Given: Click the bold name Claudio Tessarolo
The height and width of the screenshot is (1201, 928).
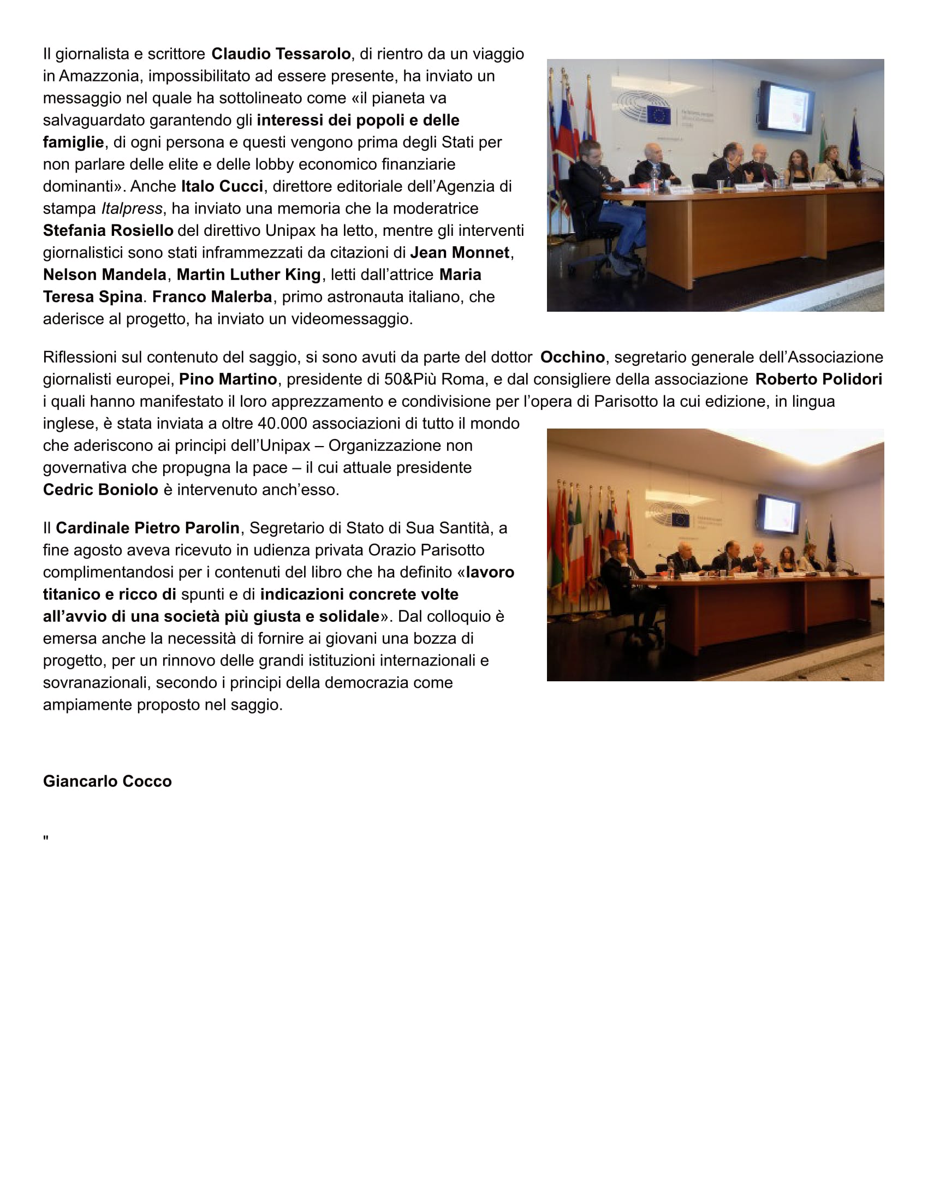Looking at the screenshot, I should point(281,54).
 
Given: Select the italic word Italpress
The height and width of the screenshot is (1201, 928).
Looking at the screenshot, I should point(132,209).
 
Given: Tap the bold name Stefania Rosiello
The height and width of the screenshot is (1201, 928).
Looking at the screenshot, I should point(108,230).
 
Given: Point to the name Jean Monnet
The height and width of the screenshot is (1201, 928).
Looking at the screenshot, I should point(460,252).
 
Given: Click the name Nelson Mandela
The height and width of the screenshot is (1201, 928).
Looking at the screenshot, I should point(104,275).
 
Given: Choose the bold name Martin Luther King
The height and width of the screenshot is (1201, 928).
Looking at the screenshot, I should point(248,275).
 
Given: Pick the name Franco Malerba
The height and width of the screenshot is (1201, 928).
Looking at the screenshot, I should point(212,296).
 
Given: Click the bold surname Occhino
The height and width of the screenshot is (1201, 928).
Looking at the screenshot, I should point(572,357).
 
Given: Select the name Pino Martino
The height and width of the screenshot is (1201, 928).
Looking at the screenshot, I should point(228,379).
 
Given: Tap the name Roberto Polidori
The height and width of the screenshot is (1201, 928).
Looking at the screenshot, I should point(819,379).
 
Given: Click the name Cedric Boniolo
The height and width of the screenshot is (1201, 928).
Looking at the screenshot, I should point(100,490).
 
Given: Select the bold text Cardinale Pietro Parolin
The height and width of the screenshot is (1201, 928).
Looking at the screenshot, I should point(147,528).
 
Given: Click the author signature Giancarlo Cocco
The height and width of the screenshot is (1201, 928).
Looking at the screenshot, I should point(107,781).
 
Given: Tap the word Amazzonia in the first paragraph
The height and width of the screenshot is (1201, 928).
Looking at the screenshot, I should point(98,76).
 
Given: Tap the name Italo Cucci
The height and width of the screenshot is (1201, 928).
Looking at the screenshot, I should point(222,186).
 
